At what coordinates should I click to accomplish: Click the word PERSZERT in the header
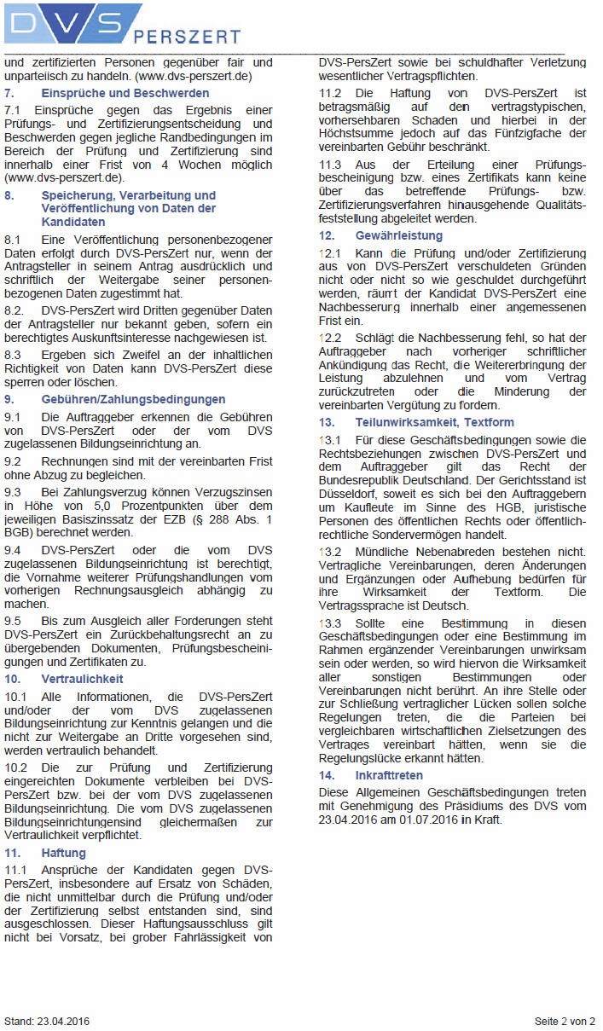(x=188, y=37)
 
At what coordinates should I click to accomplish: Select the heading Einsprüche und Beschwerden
(x=125, y=93)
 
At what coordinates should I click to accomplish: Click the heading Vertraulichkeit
(x=82, y=679)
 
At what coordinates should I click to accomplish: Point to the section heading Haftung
(x=63, y=853)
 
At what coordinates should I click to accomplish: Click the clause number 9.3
(x=13, y=492)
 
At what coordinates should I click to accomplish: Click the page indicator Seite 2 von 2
(x=565, y=1021)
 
